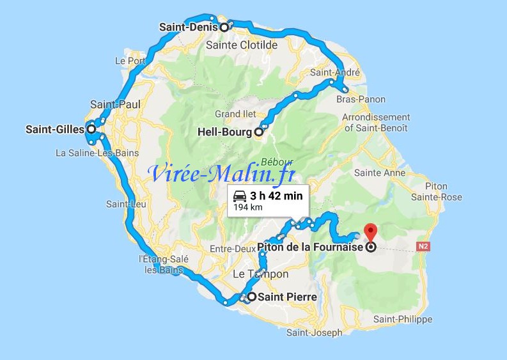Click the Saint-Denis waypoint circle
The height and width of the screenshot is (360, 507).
(224, 27)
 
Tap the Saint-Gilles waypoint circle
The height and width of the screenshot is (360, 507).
(91, 129)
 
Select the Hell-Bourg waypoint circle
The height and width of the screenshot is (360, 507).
(258, 133)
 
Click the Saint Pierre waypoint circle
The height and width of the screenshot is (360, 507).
(252, 297)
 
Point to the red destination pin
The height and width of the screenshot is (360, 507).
(370, 231)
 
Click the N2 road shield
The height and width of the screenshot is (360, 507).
(423, 246)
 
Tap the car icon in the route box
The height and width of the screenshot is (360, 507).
(240, 196)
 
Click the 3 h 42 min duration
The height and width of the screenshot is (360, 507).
(277, 196)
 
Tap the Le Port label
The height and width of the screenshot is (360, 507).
(130, 61)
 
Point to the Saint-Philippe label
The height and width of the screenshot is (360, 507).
(402, 319)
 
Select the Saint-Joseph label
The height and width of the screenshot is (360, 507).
(314, 333)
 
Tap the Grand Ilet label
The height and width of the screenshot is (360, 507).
(231, 114)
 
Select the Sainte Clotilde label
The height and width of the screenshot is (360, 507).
(242, 45)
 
